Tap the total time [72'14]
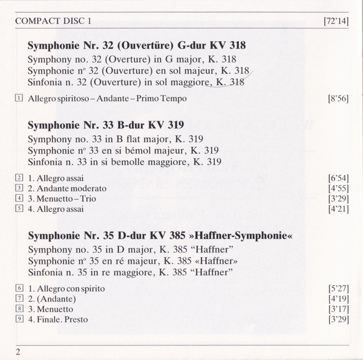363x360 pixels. tap(334, 22)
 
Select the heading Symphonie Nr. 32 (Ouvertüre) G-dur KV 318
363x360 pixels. tap(136, 45)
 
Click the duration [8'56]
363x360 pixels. tap(336, 99)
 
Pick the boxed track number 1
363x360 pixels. tap(20, 98)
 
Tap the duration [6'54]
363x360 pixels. tap(336, 178)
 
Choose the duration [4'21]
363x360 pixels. tap(336, 209)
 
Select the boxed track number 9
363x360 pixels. tap(20, 319)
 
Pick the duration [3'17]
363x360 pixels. tap(336, 309)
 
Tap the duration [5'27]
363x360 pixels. tap(336, 289)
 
